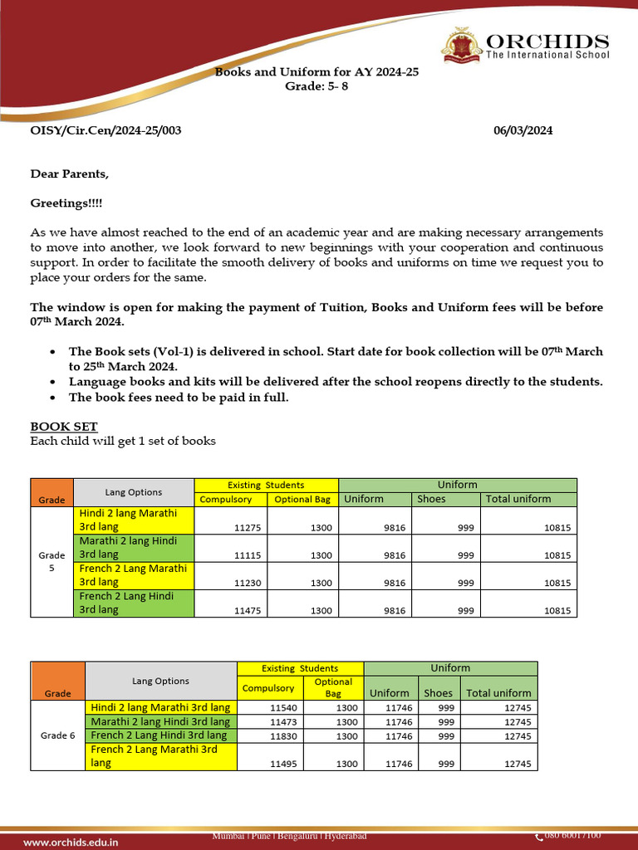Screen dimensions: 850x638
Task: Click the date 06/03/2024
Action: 523,130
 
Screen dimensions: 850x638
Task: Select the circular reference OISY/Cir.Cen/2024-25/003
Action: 106,130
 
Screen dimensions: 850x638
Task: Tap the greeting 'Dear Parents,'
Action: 70,173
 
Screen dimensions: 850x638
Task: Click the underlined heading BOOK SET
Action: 64,427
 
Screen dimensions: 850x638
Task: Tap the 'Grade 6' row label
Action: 57,735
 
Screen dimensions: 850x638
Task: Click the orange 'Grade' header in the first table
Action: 52,500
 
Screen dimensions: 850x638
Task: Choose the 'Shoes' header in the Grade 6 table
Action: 438,692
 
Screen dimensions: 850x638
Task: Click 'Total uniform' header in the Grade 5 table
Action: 518,499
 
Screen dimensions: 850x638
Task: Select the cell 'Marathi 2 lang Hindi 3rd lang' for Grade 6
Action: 160,722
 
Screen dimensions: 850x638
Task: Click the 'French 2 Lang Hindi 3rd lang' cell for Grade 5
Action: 133,603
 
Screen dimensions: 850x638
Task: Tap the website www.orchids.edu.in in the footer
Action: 71,842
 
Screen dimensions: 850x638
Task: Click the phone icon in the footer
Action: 538,835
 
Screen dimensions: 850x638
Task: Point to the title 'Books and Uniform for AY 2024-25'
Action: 317,72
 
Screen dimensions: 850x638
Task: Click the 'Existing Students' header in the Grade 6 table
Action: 300,668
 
